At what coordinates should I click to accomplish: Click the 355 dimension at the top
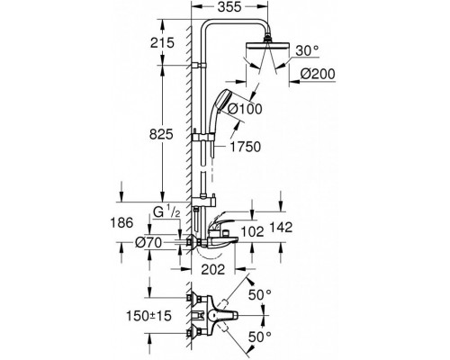pyautogui.click(x=229, y=7)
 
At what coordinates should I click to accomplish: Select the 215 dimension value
pyautogui.click(x=162, y=42)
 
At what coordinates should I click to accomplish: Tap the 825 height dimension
pyautogui.click(x=161, y=134)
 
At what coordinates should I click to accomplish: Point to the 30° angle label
pyautogui.click(x=307, y=50)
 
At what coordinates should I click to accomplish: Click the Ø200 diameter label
pyautogui.click(x=318, y=74)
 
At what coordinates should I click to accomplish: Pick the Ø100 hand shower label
pyautogui.click(x=245, y=109)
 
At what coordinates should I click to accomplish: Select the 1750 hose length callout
pyautogui.click(x=246, y=147)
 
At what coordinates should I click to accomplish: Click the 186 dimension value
pyautogui.click(x=121, y=223)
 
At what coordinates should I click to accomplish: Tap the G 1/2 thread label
pyautogui.click(x=166, y=211)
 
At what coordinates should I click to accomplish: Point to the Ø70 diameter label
pyautogui.click(x=148, y=242)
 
